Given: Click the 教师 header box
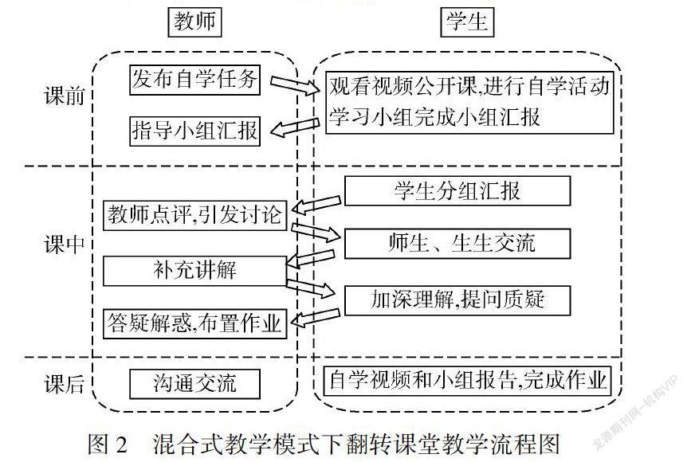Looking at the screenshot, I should coord(194,23).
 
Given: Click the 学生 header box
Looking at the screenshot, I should coord(465,23).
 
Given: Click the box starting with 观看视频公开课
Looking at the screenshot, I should coord(469,102).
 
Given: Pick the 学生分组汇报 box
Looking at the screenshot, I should coord(457,191).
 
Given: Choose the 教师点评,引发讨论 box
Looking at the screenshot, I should coord(195,214).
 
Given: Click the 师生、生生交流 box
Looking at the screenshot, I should coord(457,242).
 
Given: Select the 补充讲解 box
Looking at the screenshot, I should coord(194,269).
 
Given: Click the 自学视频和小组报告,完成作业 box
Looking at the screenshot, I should coord(469,380).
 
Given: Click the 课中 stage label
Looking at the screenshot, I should coord(64,245).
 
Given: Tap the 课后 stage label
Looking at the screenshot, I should coord(64,385).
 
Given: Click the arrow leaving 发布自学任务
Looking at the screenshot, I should coord(294,84).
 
